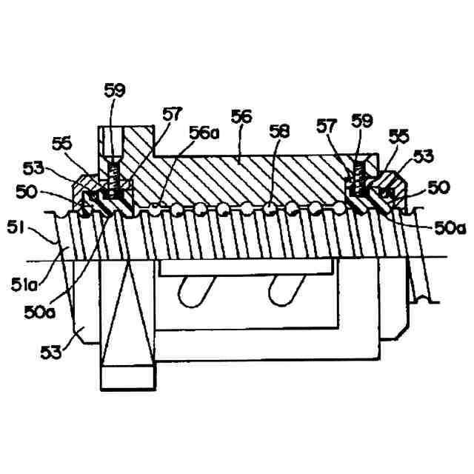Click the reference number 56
241,116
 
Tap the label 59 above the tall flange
115,91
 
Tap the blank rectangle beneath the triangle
127,379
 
